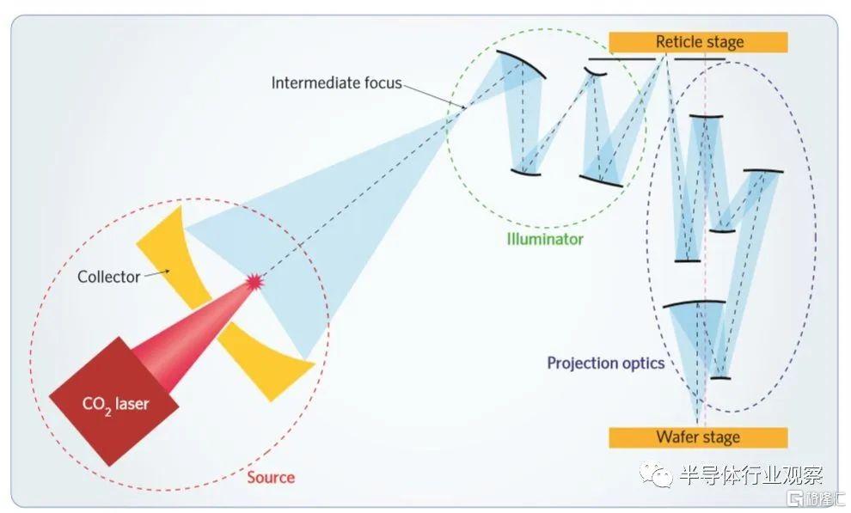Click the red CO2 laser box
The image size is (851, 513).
[x=114, y=401]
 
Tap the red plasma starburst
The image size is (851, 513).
[x=254, y=282]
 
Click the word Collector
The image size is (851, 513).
[x=109, y=277]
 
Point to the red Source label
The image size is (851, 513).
[x=271, y=477]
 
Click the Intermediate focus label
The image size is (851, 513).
[x=336, y=82]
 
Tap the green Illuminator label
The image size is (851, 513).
[x=545, y=239]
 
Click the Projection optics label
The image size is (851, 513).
[x=606, y=363]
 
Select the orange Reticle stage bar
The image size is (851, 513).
[x=699, y=42]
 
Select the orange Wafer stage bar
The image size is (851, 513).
[x=699, y=437]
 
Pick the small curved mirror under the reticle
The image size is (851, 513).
[x=596, y=71]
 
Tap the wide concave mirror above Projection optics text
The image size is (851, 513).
[x=695, y=303]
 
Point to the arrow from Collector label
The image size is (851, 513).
[x=156, y=273]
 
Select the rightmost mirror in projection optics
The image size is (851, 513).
[x=763, y=171]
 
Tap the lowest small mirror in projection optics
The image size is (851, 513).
[x=720, y=378]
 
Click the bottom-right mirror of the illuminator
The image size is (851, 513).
[x=601, y=181]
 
